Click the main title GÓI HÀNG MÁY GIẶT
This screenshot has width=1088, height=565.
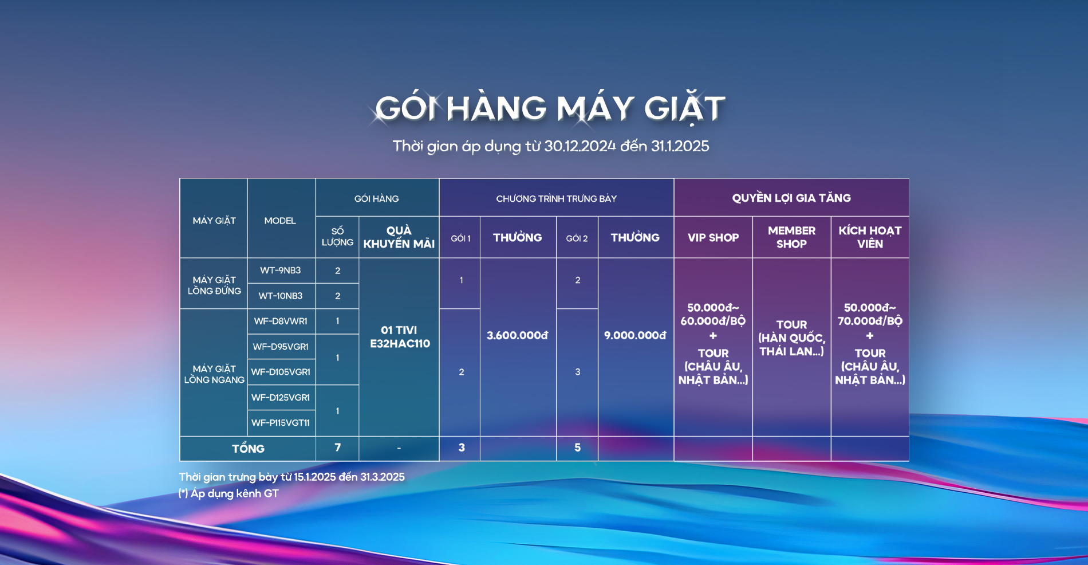[550, 108]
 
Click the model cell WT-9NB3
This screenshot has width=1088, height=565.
[281, 270]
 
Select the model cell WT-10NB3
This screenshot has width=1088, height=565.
[281, 296]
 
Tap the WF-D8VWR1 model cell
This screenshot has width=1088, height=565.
[281, 321]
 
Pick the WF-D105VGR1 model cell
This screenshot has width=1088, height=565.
[281, 372]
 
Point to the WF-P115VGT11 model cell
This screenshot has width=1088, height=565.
[281, 423]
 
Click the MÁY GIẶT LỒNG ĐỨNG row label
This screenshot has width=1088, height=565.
[214, 285]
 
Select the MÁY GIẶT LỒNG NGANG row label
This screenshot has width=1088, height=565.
[214, 374]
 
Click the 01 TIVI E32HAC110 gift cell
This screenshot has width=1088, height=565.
[399, 337]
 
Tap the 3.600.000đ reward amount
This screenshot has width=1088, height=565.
[518, 335]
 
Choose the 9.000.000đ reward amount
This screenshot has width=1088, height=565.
[635, 335]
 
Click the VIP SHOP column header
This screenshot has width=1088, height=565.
[713, 237]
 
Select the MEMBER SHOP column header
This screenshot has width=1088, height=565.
[791, 237]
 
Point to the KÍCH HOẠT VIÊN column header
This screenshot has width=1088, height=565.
[870, 237]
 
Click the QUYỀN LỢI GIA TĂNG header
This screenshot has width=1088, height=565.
[791, 198]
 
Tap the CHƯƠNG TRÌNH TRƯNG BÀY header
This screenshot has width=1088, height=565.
[557, 198]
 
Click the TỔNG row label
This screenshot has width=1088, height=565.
[248, 448]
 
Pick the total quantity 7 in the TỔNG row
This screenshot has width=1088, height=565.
[337, 448]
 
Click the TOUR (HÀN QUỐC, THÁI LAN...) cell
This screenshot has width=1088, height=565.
[791, 338]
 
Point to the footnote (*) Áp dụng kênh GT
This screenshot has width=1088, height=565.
[228, 493]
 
